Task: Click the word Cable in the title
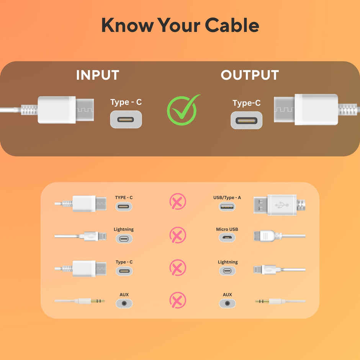232,25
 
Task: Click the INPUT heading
97,75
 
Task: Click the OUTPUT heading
250,75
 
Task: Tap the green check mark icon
183,110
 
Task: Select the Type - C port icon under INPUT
126,119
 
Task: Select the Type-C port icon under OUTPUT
246,120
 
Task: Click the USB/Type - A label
227,198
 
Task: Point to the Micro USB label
227,229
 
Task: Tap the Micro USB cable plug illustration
268,236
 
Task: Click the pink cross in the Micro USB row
178,235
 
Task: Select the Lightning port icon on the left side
124,239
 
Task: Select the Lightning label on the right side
227,262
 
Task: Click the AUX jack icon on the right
227,303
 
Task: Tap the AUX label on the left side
124,295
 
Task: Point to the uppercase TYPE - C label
124,198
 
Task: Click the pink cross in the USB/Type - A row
178,201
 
